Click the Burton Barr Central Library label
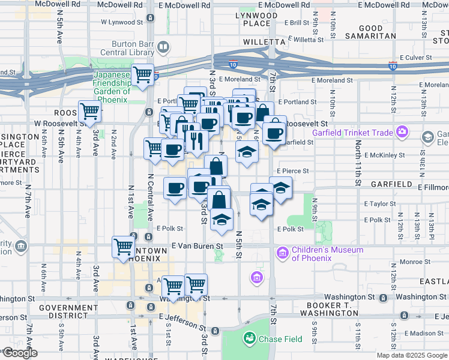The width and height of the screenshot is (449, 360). coord(132,48)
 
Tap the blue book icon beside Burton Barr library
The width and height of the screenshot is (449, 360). coord(163,47)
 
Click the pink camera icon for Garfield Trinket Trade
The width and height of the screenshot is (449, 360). coord(402,132)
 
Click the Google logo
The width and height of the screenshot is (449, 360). coord(19,353)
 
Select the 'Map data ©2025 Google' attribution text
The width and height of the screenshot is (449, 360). coord(412,355)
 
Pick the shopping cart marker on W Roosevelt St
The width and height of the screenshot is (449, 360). coord(89,112)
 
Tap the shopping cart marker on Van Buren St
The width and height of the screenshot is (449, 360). coord(124,247)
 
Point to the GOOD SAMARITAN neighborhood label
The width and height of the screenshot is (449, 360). coord(371,32)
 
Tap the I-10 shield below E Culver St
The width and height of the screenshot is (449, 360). coord(394,64)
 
